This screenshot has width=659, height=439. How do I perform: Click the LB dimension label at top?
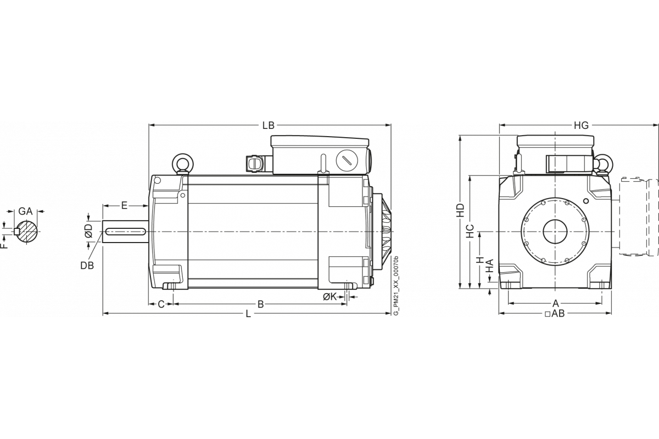pos(269,126)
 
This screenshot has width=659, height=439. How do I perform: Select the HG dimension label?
pos(581,126)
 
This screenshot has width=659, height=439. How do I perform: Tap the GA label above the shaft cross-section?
pos(25,211)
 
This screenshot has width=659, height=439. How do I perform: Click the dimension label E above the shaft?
pos(124,205)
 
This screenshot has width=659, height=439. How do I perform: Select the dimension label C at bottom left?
pos(161,304)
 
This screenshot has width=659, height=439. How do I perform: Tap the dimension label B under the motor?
pos(261,304)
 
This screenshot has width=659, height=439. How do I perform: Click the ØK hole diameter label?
pos(329,296)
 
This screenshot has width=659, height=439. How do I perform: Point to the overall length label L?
pos(248,314)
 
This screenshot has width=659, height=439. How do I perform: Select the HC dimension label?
pos(470,231)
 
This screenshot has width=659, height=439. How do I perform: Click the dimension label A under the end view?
pos(555,303)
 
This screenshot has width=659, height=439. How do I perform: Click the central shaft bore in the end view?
pos(555,232)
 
